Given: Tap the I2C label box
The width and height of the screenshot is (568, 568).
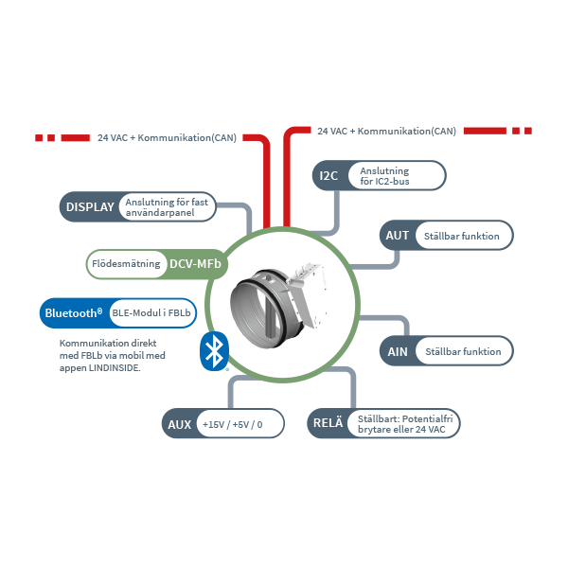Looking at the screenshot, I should point(328,175).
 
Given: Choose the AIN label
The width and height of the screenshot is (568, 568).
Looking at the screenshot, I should point(397,351).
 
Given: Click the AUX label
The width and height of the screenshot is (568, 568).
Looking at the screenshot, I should point(178,425).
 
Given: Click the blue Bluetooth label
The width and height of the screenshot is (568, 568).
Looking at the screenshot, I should point(72,311).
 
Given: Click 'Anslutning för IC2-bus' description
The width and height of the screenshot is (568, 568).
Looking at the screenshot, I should point(391,175).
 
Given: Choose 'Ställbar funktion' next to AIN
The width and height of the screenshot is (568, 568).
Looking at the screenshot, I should point(463,351).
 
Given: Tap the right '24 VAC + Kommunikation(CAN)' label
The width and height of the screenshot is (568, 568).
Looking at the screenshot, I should point(386,131).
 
